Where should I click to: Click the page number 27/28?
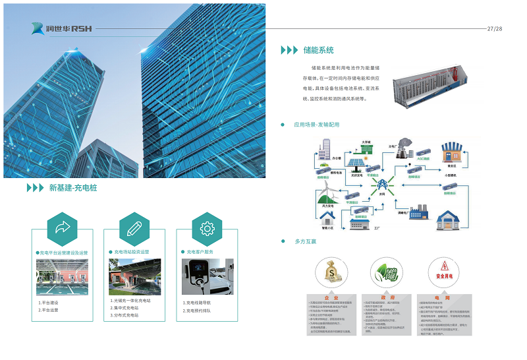coord(494,29)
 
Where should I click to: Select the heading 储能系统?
coord(318,50)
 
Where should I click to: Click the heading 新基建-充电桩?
coord(72,188)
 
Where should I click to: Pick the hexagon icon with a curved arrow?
coord(62,229)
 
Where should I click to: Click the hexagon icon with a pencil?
coord(134,229)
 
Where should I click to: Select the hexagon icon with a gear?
coord(207,229)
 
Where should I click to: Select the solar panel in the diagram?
coord(358,163)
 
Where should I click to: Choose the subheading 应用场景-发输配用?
coord(316,125)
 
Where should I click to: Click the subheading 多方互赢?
coord(305,242)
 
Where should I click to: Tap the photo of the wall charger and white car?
coord(207,277)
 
